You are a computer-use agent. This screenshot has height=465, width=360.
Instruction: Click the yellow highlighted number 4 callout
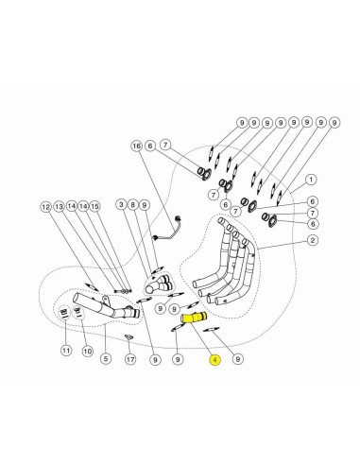coord(215,359)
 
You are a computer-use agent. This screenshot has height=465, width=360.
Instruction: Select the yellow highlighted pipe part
coord(193,318)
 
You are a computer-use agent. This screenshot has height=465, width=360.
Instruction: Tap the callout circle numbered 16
coord(137,146)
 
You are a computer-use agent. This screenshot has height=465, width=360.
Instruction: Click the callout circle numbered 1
coord(311,180)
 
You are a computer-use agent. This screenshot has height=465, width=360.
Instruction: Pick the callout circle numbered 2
coord(312,240)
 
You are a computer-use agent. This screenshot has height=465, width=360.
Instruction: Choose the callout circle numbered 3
coord(121,205)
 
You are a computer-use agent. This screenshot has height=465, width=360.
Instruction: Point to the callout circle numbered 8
coord(133,205)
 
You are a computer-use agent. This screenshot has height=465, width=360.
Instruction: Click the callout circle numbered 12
coord(46,207)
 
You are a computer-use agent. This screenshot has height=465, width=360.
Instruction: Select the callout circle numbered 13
coord(59,207)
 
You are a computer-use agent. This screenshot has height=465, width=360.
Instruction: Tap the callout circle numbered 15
coord(94,206)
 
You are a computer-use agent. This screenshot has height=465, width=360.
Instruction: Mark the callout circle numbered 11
coord(66,351)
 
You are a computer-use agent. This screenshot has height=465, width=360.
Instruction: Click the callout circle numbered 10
coord(87,351)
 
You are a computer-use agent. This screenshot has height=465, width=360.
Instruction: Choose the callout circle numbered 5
coord(106,358)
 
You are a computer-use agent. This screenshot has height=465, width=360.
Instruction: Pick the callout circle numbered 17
coord(130,359)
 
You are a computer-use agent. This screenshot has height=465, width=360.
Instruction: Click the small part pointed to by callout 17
coord(129,337)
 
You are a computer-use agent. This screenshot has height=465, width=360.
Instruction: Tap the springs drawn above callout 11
coord(63,313)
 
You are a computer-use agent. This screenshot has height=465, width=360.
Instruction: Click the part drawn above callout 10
coord(77,313)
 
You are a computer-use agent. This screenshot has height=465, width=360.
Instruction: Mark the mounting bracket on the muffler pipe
coord(105,300)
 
